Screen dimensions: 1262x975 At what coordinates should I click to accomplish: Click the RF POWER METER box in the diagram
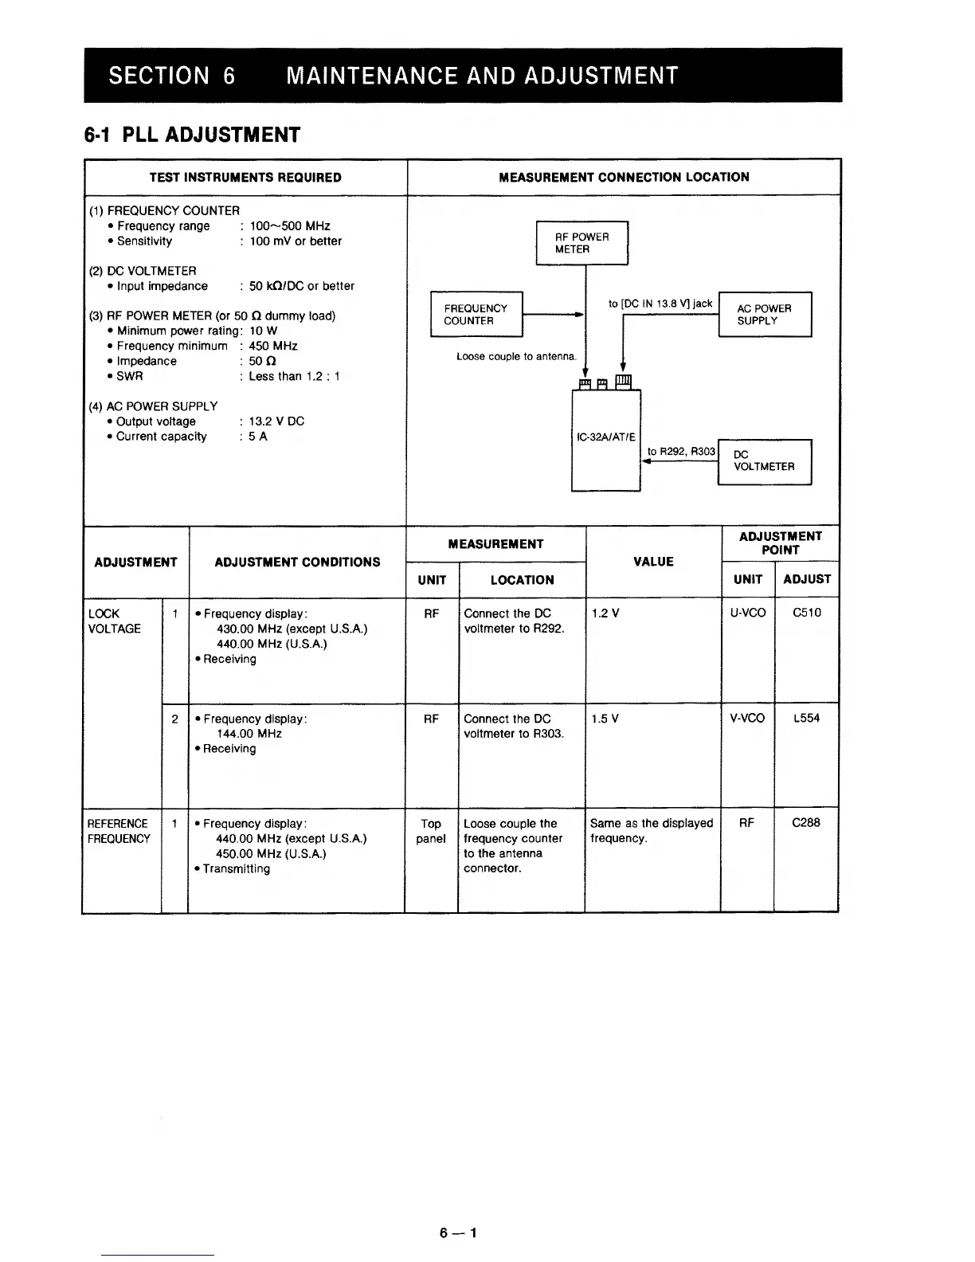(x=581, y=243)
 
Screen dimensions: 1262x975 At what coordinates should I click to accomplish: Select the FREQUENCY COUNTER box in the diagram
(x=476, y=315)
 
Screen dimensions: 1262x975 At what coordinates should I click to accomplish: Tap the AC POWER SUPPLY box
(x=764, y=315)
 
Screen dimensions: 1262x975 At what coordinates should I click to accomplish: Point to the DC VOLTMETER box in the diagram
(x=764, y=461)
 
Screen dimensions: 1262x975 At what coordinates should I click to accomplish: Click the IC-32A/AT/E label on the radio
(x=605, y=437)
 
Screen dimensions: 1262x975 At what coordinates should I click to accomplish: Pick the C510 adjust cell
(x=806, y=613)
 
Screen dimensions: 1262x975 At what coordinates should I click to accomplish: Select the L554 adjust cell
(x=806, y=718)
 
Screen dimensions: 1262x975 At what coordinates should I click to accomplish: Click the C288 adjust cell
(x=805, y=823)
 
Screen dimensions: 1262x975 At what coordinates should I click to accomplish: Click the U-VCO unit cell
(x=747, y=613)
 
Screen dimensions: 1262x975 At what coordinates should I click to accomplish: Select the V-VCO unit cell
(x=747, y=718)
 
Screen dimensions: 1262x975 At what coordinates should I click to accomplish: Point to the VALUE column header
(x=653, y=562)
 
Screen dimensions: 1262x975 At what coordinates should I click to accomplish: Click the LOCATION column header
(x=522, y=580)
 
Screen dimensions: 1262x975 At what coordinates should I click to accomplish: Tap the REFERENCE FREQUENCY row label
(x=119, y=831)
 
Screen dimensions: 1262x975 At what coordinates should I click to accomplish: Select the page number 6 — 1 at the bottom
(x=457, y=1233)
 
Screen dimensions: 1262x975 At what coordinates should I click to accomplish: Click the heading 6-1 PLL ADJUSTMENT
(x=192, y=135)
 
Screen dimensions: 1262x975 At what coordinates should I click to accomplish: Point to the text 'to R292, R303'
(x=681, y=452)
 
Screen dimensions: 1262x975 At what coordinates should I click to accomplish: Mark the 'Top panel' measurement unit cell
(x=431, y=831)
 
